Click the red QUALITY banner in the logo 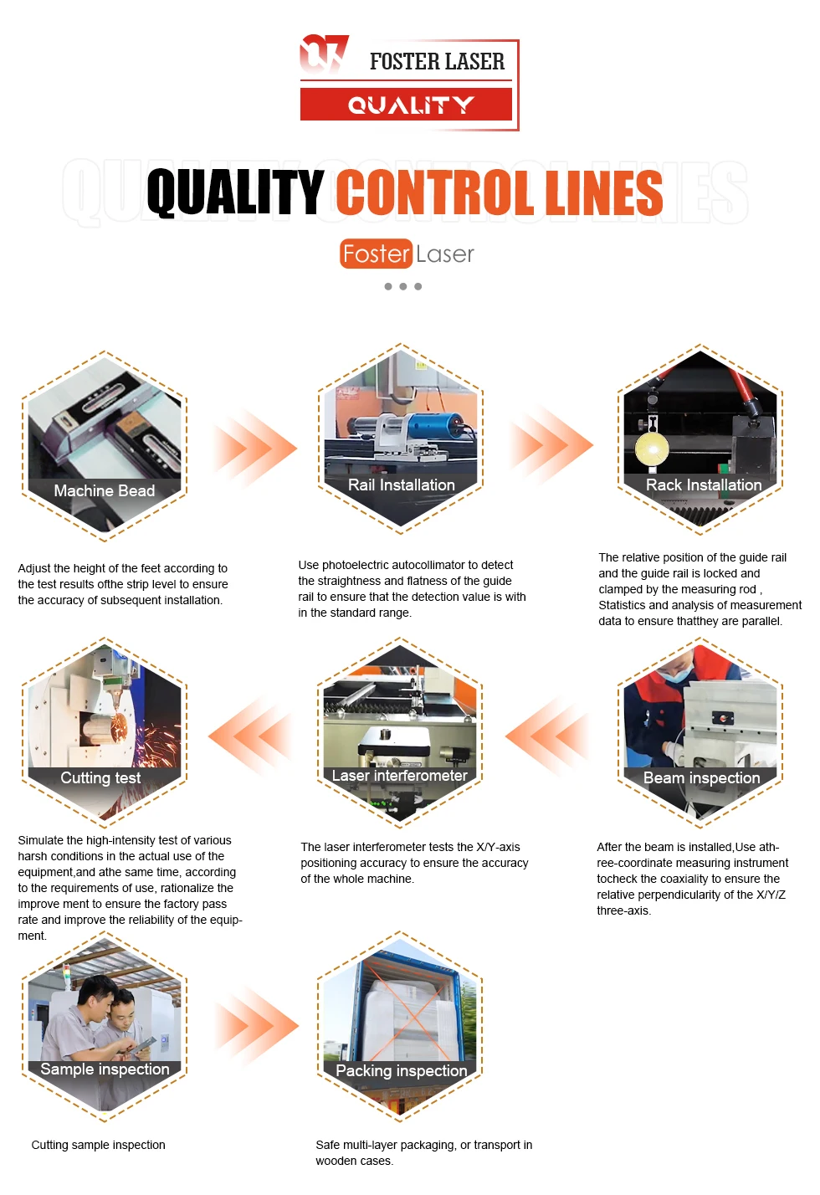407,105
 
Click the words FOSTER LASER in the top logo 437,62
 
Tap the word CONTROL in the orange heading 435,192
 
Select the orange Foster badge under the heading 376,254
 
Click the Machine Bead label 105,491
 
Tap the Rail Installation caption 401,485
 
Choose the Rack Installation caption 704,485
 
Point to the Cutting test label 100,778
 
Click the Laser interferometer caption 400,776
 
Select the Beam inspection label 701,778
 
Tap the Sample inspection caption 105,1069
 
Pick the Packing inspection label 401,1071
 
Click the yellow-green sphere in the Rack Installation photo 652,449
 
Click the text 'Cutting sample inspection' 98,1145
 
